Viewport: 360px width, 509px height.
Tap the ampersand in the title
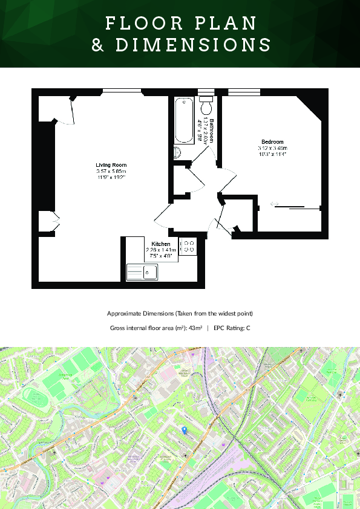point(98,45)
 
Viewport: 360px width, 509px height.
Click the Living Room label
point(111,165)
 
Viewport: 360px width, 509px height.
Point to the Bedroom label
point(272,142)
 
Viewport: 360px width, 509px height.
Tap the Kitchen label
point(161,244)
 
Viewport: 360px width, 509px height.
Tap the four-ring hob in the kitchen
point(188,246)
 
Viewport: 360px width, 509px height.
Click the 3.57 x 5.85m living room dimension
point(111,172)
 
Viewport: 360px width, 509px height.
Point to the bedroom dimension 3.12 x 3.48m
point(272,148)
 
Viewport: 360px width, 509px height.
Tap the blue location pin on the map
point(185,429)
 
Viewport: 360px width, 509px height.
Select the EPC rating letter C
point(248,328)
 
